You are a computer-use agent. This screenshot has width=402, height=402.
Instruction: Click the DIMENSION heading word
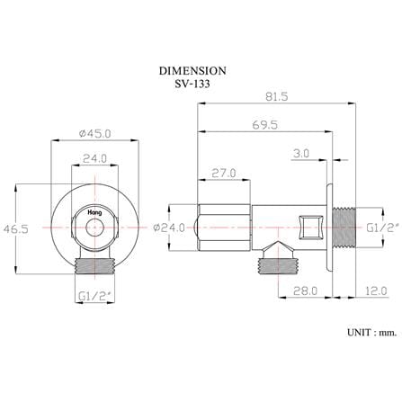pyautogui.click(x=192, y=71)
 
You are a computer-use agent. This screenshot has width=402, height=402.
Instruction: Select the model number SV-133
pyautogui.click(x=192, y=84)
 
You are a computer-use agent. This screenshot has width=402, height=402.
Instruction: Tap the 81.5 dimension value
pyautogui.click(x=276, y=96)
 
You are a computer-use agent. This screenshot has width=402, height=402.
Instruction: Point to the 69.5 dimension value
pyautogui.click(x=264, y=125)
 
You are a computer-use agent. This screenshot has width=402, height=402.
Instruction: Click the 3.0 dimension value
pyautogui.click(x=301, y=154)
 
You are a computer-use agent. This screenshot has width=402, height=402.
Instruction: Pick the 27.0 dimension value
pyautogui.click(x=224, y=173)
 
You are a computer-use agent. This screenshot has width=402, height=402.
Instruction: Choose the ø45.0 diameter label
pyautogui.click(x=94, y=133)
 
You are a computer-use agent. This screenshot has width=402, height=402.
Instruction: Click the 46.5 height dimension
pyautogui.click(x=16, y=229)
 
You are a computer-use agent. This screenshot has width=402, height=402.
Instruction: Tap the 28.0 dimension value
pyautogui.click(x=305, y=290)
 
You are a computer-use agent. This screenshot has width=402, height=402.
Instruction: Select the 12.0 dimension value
pyautogui.click(x=376, y=290)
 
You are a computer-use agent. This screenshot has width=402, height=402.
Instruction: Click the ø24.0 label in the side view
pyautogui.click(x=169, y=228)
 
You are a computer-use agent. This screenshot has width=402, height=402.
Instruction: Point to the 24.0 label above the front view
pyautogui.click(x=94, y=158)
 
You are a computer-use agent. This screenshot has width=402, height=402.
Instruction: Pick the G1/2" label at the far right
pyautogui.click(x=383, y=228)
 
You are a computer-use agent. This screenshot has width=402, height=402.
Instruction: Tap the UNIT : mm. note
pyautogui.click(x=372, y=333)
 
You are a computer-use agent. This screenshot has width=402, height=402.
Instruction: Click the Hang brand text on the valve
pyautogui.click(x=94, y=212)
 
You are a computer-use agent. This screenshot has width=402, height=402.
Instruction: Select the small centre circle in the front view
pyautogui.click(x=94, y=228)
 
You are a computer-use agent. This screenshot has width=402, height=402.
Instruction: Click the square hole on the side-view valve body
pyautogui.click(x=313, y=227)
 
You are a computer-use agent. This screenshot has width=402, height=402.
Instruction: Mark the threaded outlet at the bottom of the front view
pyautogui.click(x=94, y=265)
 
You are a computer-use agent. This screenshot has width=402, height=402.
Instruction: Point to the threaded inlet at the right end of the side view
pyautogui.click(x=344, y=228)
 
